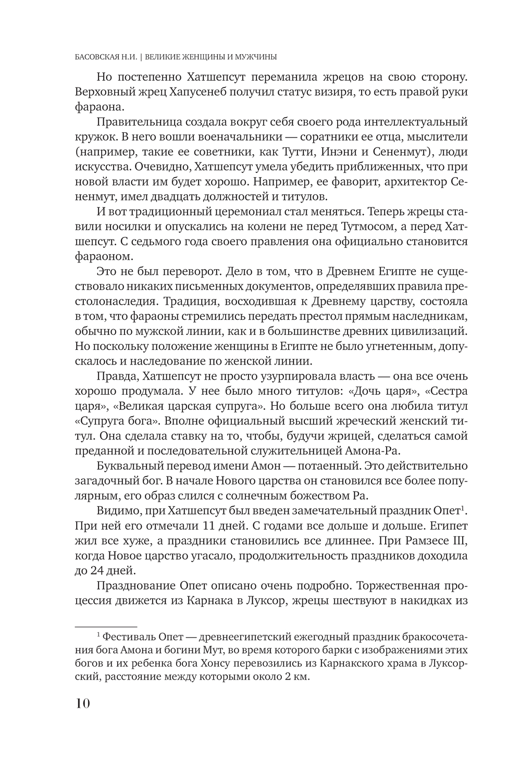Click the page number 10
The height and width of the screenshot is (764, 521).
[83, 704]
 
